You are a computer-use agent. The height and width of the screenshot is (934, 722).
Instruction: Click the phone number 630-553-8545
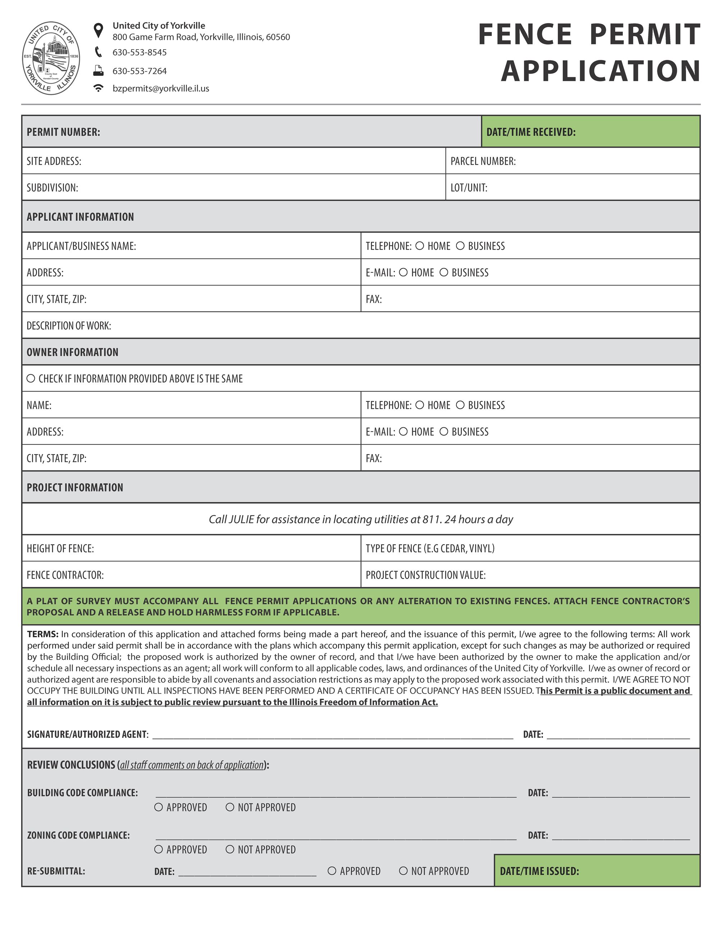click(x=139, y=52)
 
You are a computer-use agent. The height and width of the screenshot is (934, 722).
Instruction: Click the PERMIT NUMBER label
click(x=63, y=132)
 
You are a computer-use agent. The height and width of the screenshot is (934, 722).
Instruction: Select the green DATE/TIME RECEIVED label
click(x=531, y=132)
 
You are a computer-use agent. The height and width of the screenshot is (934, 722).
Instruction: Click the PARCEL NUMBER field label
click(x=483, y=161)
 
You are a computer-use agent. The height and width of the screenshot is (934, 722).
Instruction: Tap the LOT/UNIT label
click(x=469, y=188)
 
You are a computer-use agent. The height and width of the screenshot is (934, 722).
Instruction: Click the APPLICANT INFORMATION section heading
click(x=80, y=217)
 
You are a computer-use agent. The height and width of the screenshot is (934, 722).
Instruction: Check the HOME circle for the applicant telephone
click(x=420, y=246)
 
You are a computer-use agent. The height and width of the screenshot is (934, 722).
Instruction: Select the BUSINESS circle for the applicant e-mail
click(x=444, y=272)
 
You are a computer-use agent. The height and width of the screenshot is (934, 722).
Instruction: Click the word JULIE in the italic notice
click(x=241, y=519)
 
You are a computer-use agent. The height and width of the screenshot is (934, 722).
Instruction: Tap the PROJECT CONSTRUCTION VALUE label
click(x=426, y=575)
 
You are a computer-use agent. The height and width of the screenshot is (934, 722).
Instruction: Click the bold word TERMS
click(x=42, y=634)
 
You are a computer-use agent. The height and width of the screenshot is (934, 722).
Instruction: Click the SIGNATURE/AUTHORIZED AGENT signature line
click(x=333, y=735)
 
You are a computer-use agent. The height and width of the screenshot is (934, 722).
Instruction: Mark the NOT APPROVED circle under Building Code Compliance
click(x=230, y=807)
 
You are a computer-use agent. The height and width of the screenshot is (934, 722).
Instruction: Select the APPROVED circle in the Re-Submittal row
click(x=332, y=871)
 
